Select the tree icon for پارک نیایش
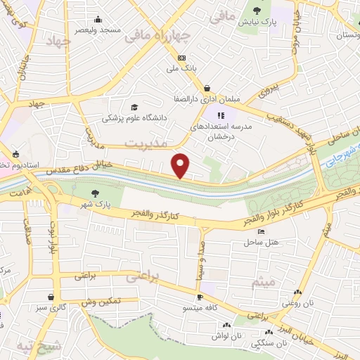pos(259,10)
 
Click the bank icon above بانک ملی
pos(182,58)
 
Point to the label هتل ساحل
pos(262,242)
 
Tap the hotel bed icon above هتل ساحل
pos(262,231)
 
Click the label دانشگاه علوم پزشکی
pos(135,119)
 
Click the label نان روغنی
pos(297,303)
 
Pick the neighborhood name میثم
pos(264,283)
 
